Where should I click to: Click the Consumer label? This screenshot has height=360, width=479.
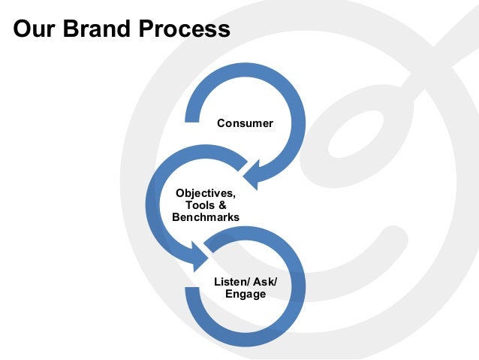(x=245, y=123)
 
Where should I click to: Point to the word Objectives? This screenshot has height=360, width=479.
(x=205, y=193)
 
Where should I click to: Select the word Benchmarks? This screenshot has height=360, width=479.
(x=205, y=217)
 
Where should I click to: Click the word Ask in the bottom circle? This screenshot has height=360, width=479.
(x=262, y=281)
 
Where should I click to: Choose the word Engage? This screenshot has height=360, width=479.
(x=246, y=294)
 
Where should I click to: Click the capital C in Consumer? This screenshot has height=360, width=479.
(x=221, y=123)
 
